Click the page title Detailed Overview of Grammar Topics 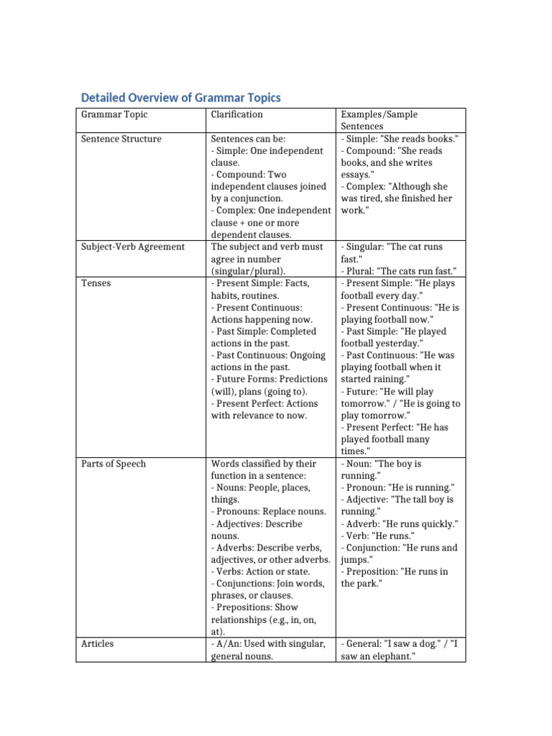[180, 97]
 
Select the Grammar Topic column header [114, 115]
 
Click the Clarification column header [236, 115]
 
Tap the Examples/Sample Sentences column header [379, 120]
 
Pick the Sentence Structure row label [121, 139]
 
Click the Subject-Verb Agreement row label [132, 247]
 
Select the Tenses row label [96, 283]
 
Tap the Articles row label [98, 644]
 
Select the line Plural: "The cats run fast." [399, 271]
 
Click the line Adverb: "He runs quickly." [400, 524]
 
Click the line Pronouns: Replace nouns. [268, 512]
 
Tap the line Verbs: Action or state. [260, 572]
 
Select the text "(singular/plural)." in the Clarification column [248, 271]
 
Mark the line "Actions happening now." [262, 319]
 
